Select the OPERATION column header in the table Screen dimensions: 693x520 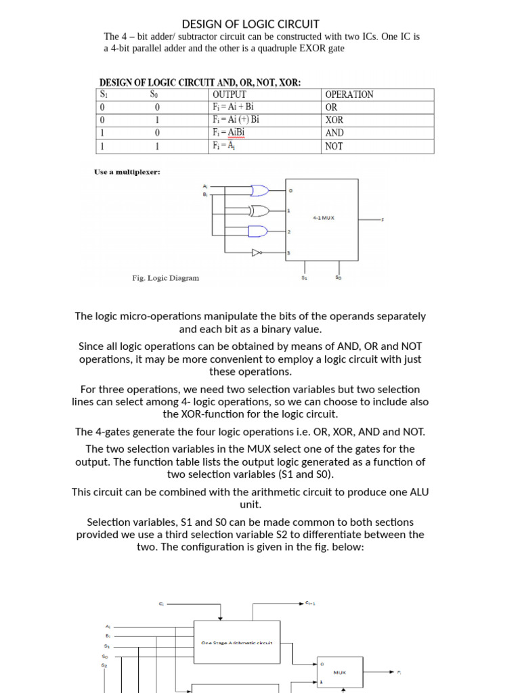pos(349,95)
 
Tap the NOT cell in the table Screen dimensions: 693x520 pos(334,146)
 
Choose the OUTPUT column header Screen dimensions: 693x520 pos(230,95)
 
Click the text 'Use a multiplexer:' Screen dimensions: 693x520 pos(127,173)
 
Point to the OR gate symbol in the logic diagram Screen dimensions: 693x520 pos(259,190)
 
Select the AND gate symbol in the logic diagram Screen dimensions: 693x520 pos(258,232)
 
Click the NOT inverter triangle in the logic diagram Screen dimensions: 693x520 pos(256,253)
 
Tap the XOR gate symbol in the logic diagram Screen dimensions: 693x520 pos(259,211)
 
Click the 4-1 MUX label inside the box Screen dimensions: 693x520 pos(324,218)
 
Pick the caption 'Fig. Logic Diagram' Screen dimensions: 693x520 pos(165,278)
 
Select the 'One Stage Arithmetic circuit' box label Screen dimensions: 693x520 pos(236,643)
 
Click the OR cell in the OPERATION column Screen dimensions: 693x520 pos(332,107)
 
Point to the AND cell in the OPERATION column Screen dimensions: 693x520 pos(335,133)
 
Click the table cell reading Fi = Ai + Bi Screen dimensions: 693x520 pos(233,107)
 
